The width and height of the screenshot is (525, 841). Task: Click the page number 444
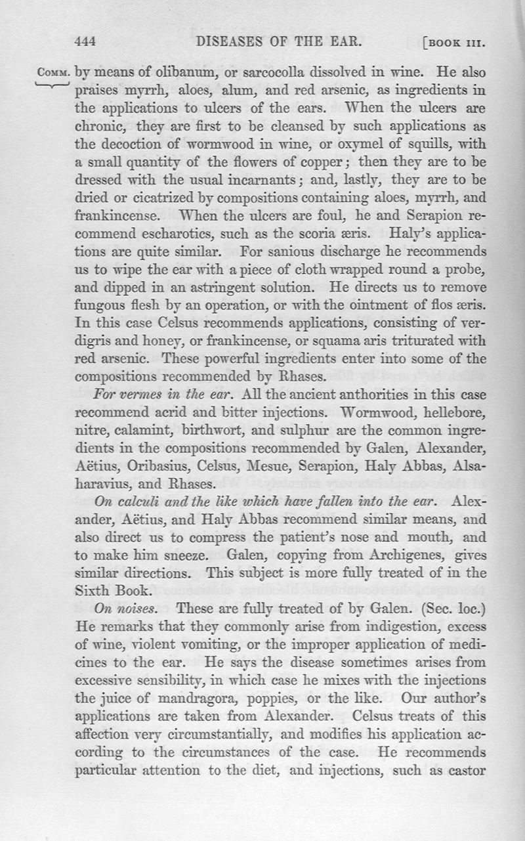(x=87, y=43)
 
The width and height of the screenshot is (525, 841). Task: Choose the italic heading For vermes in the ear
(x=157, y=395)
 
